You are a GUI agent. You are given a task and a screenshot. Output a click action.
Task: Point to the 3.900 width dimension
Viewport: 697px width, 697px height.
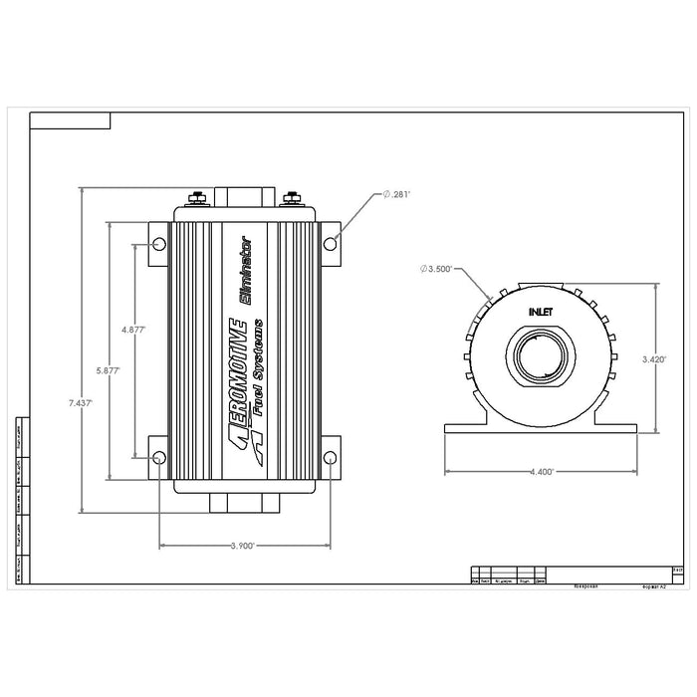point(242,546)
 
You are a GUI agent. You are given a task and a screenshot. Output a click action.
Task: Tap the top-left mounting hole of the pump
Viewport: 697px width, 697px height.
point(159,244)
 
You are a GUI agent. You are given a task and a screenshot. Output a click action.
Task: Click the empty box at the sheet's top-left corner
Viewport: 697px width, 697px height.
point(70,121)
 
